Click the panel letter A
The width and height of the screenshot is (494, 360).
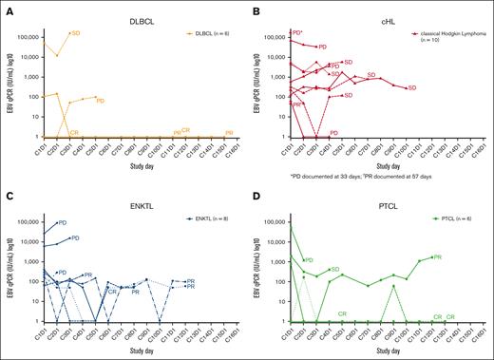tap(8, 9)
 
